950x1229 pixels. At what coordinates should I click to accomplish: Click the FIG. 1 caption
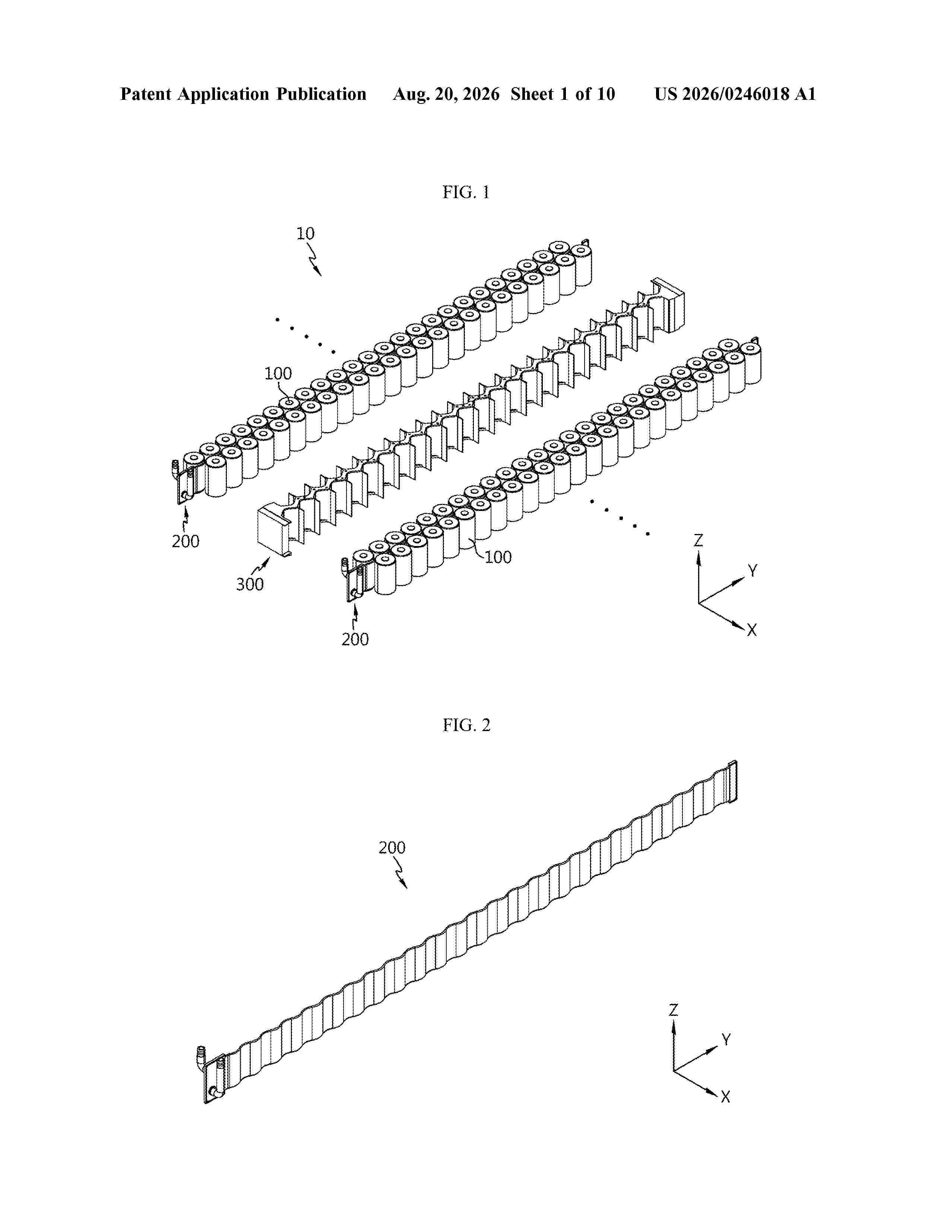(x=466, y=193)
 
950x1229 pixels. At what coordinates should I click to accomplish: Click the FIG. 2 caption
(x=466, y=725)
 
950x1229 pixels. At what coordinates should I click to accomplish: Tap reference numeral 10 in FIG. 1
(x=305, y=234)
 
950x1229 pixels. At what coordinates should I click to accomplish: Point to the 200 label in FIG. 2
(x=392, y=848)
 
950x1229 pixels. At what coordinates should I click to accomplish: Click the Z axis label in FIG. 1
(x=699, y=541)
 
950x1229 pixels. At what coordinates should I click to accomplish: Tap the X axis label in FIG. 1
(x=752, y=630)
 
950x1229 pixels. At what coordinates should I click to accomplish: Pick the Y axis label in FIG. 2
(x=726, y=1040)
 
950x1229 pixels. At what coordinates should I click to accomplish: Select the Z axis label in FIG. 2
(x=674, y=1010)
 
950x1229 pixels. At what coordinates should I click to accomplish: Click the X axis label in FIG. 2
(x=725, y=1097)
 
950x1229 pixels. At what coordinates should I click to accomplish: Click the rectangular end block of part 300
(x=272, y=526)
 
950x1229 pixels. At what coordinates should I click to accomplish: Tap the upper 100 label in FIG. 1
(x=278, y=374)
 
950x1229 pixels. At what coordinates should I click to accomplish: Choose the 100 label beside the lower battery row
(x=498, y=557)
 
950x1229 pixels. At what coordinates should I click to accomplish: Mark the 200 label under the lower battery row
(x=355, y=639)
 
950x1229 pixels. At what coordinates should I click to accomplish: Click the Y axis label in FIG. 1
(x=753, y=571)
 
